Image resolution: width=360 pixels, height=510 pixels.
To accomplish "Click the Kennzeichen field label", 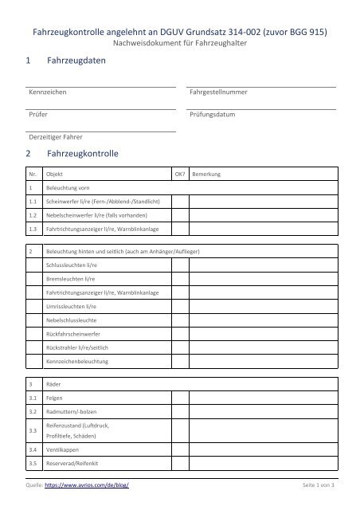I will [48, 93].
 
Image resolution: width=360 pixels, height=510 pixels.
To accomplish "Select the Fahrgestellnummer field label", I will [217, 93].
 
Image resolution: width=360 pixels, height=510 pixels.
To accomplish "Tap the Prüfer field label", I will [38, 115].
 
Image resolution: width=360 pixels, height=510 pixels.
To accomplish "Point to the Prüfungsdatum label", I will [213, 115].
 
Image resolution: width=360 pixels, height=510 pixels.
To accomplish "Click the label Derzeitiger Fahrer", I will [57, 136].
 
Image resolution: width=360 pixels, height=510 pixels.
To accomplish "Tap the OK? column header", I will [179, 174].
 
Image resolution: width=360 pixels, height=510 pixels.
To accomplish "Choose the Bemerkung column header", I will [208, 174].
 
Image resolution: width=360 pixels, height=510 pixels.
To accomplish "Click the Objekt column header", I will [56, 174].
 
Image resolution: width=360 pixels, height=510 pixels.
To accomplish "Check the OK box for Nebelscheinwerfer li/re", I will [180, 215].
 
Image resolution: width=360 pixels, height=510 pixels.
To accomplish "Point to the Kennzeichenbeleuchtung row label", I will [78, 363].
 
